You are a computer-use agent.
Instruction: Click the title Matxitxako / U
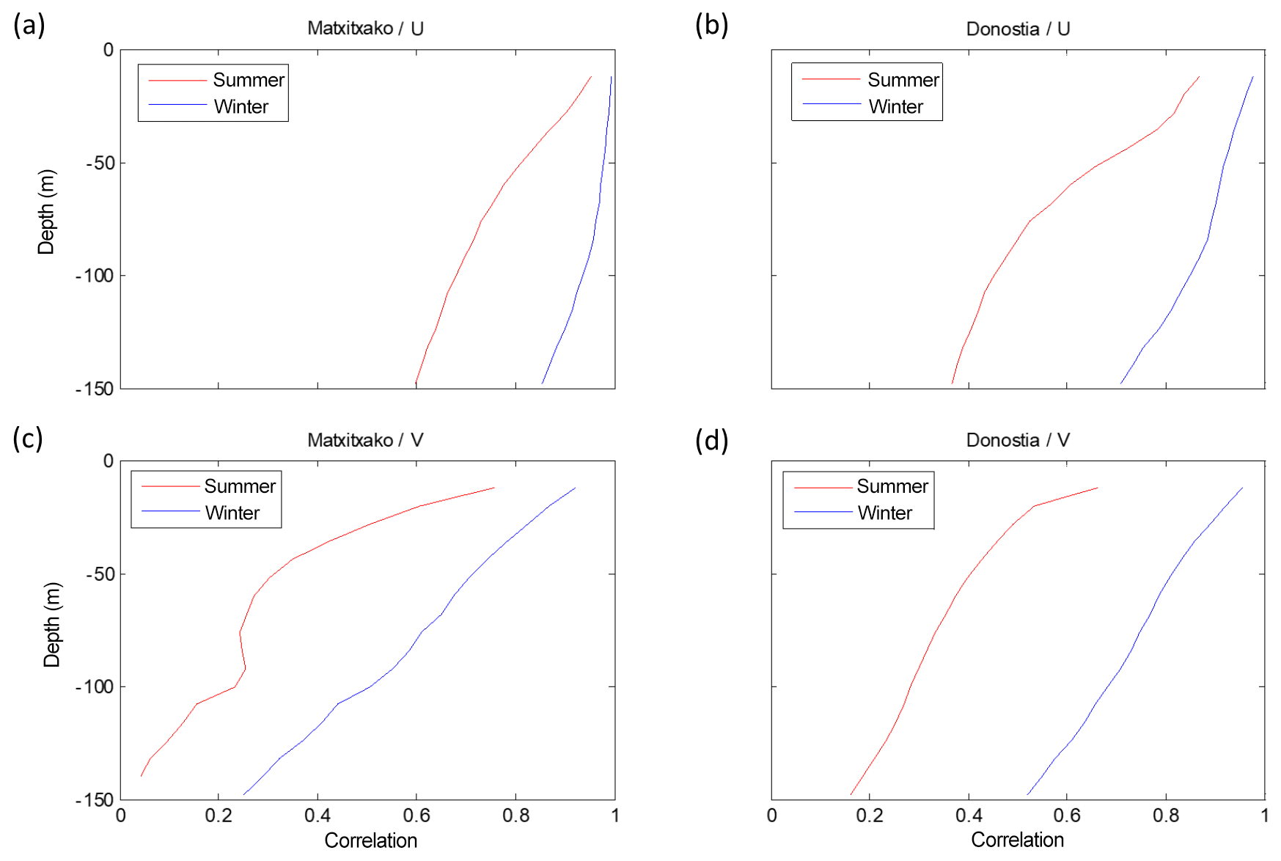[365, 29]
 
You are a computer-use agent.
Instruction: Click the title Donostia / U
[1018, 29]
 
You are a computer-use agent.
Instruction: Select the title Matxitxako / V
[365, 440]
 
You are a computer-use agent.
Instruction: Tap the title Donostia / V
[1018, 440]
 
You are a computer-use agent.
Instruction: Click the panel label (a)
[29, 25]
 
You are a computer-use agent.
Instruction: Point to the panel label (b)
[711, 25]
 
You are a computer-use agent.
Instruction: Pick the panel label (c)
[28, 438]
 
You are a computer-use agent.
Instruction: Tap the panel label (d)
[711, 440]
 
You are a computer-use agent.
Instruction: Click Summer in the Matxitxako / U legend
[249, 80]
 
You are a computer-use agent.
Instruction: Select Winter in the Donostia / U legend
[895, 107]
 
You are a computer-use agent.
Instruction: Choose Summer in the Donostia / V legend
[892, 486]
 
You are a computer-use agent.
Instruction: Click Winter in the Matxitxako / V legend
[232, 513]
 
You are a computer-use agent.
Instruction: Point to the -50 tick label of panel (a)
[100, 164]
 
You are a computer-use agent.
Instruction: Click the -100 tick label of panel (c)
[95, 687]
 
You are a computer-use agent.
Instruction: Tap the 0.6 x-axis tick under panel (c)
[416, 816]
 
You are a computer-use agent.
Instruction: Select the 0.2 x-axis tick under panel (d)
[870, 816]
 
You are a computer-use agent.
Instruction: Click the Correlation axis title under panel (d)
[1017, 840]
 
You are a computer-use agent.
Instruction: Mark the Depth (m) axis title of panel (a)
[46, 212]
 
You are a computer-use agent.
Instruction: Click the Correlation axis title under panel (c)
[370, 840]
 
